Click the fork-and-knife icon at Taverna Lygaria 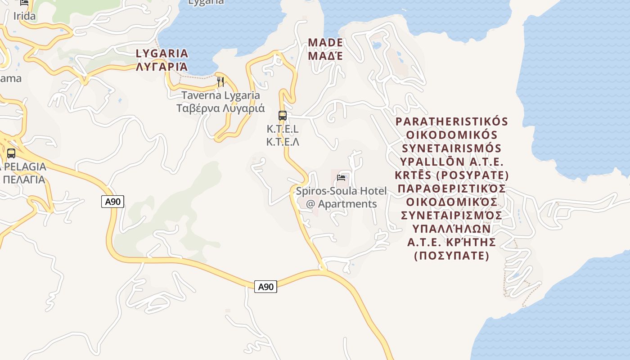[220, 82]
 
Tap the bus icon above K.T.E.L [283, 116]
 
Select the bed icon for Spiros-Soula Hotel [342, 178]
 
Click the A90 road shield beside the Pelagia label [112, 202]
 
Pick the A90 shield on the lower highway [265, 287]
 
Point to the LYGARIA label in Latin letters [162, 54]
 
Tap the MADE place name [325, 43]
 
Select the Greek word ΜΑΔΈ [325, 56]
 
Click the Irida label [24, 16]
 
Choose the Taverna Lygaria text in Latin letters [220, 95]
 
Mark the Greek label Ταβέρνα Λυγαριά [220, 108]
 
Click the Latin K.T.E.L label [283, 129]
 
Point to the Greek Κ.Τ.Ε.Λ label [283, 142]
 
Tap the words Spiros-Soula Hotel [341, 191]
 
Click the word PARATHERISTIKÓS [452, 122]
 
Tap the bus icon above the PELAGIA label [11, 153]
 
